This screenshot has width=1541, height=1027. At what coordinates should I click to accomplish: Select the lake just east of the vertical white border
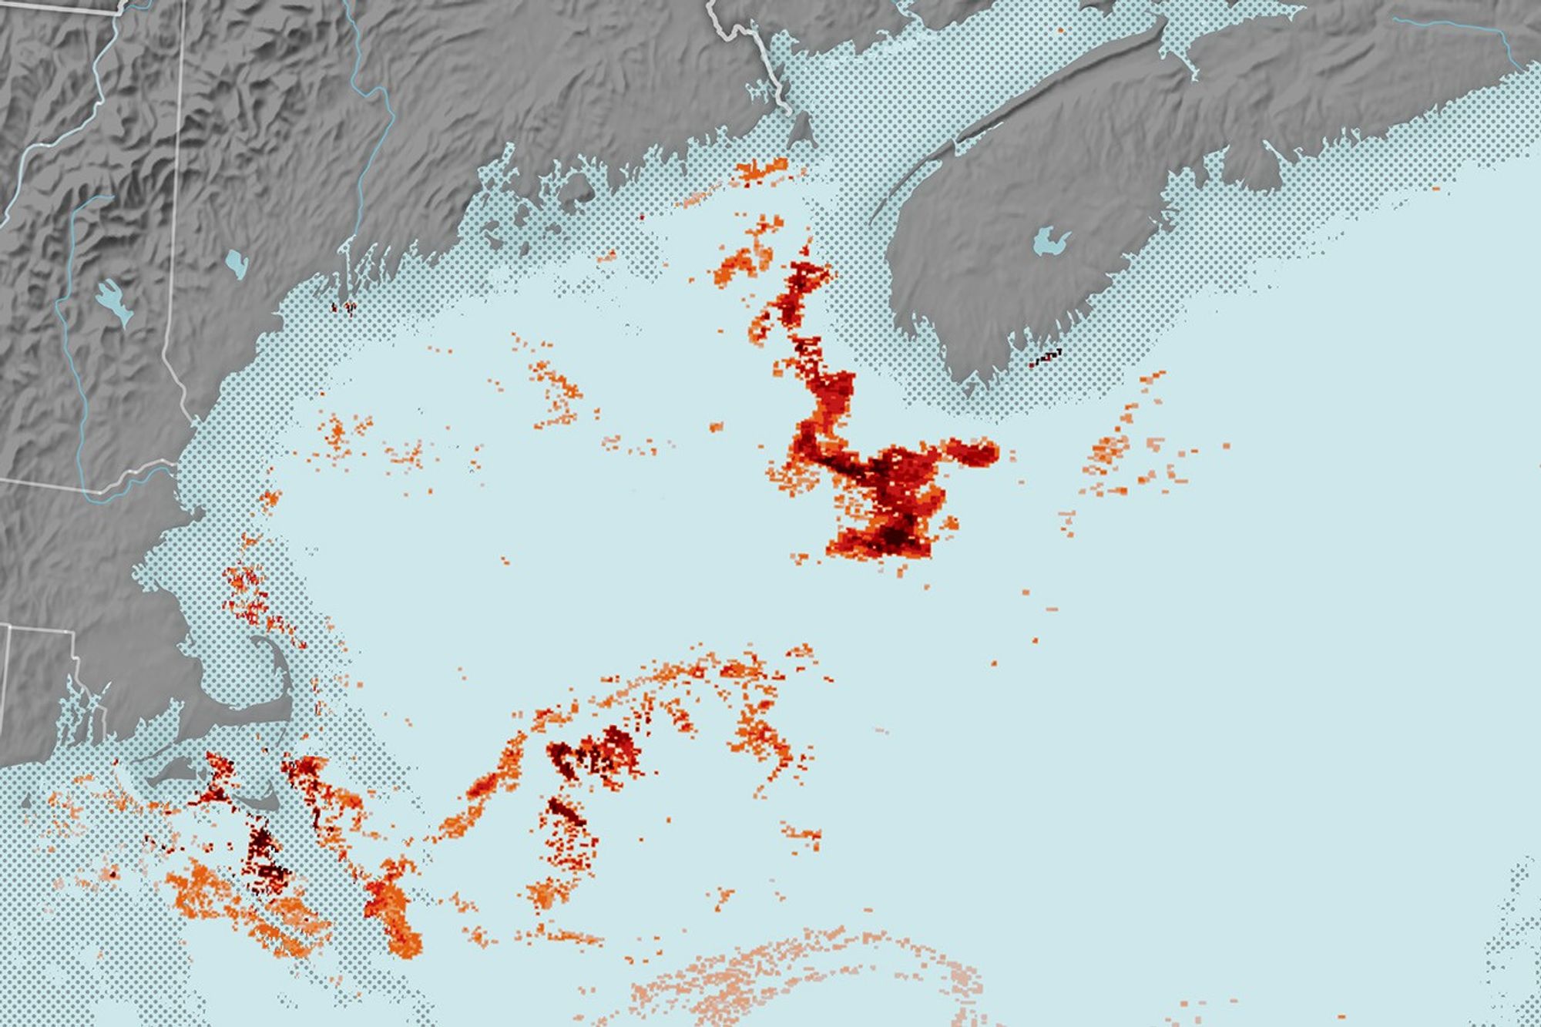(x=237, y=262)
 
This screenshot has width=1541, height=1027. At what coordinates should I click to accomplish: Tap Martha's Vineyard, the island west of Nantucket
(x=171, y=772)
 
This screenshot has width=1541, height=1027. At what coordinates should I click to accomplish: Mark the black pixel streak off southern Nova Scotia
(x=1046, y=357)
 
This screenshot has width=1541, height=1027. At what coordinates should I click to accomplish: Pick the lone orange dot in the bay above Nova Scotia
(x=1061, y=30)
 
